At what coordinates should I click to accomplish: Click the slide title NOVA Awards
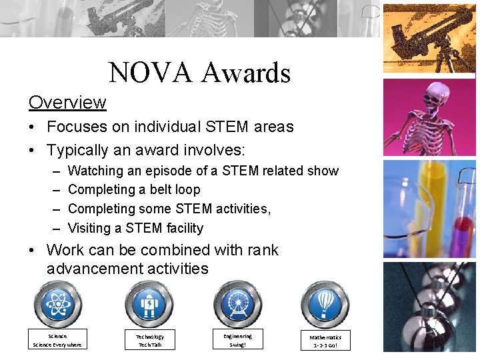point(199,73)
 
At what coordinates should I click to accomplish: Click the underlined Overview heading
point(67,103)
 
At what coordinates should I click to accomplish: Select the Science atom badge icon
point(58,305)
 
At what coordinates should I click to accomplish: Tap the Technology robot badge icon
point(149,305)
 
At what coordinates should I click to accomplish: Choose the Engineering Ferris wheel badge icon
point(237,305)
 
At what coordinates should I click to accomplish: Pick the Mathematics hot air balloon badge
point(325,305)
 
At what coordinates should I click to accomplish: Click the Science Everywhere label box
point(57,340)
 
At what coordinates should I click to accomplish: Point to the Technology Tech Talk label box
point(150,340)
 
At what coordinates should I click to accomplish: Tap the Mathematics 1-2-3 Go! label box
point(325,341)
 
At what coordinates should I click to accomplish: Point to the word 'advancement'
point(87,269)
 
